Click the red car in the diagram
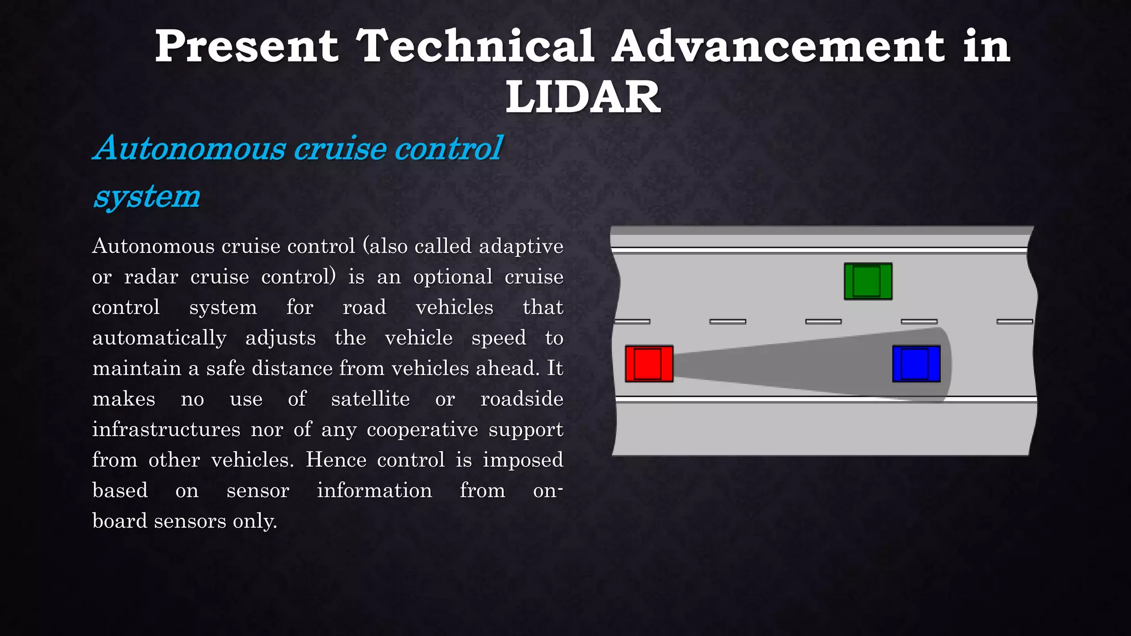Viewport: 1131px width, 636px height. click(649, 364)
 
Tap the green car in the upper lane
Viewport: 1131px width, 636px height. click(868, 282)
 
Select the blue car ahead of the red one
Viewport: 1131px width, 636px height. click(916, 364)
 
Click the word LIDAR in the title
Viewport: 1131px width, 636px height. click(583, 97)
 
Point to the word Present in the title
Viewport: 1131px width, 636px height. click(246, 46)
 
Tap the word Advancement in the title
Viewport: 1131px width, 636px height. click(778, 46)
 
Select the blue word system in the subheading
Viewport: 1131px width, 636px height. click(147, 197)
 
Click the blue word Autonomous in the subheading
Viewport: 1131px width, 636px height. click(190, 149)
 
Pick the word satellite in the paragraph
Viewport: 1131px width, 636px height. click(370, 399)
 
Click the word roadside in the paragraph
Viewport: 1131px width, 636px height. click(521, 399)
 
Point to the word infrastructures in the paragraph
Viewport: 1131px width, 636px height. click(166, 430)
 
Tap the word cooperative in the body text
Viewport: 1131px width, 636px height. click(422, 430)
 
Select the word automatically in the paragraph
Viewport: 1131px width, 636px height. click(159, 338)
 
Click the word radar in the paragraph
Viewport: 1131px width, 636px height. click(151, 277)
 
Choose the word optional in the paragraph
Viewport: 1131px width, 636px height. click(452, 277)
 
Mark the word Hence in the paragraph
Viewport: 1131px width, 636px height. click(336, 460)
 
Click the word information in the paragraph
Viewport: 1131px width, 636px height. click(374, 490)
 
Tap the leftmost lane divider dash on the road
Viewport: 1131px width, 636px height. click(632, 321)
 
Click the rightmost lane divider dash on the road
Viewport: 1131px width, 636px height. click(1014, 321)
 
